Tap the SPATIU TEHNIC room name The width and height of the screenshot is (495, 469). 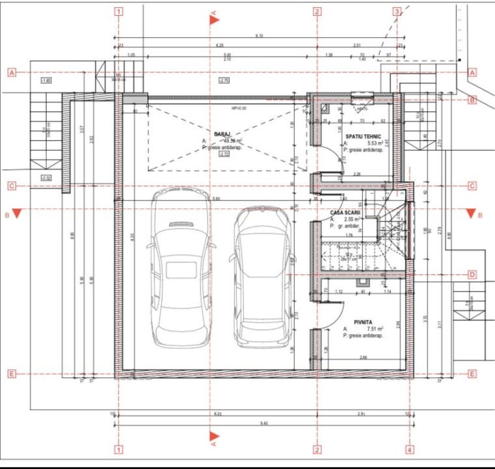click(364, 135)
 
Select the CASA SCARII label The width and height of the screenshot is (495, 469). click(345, 213)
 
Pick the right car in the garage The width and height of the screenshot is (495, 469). click(262, 276)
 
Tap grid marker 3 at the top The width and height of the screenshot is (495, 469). click(396, 11)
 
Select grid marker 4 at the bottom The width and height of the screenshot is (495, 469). click(409, 449)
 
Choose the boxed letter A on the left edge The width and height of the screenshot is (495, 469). click(11, 72)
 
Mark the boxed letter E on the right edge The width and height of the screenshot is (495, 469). click(472, 374)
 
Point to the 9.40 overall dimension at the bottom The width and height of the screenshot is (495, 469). click(263, 423)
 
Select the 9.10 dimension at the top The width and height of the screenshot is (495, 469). click(259, 35)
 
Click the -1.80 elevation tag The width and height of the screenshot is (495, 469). click(46, 80)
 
